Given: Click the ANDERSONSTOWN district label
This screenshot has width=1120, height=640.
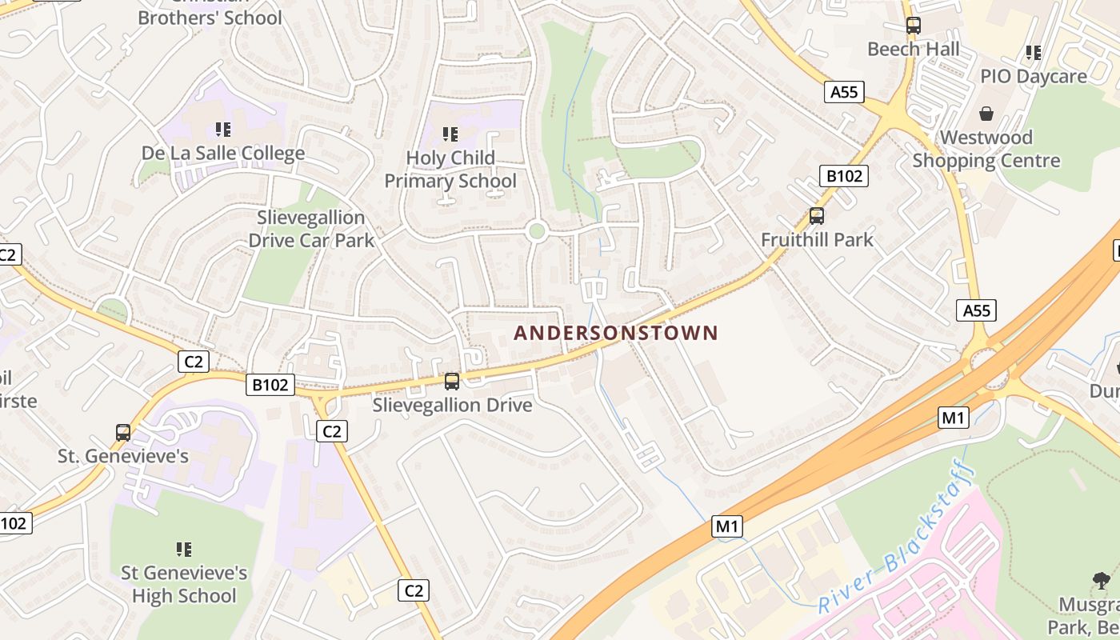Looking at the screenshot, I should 616,333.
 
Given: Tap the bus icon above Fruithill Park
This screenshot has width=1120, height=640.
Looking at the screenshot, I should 816,215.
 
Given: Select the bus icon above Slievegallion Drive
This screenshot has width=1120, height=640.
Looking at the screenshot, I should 452,381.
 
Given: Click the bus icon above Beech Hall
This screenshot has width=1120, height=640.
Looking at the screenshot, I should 914,26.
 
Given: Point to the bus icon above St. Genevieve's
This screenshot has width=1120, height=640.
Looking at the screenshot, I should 123,432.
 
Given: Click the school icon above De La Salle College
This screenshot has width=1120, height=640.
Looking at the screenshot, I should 223,129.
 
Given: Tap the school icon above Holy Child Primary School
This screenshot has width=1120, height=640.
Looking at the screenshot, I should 450,134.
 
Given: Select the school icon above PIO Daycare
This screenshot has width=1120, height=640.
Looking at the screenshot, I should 1034,53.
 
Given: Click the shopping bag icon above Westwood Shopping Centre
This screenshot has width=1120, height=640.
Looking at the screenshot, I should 986,114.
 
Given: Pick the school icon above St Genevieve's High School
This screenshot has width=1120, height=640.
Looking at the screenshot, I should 184,549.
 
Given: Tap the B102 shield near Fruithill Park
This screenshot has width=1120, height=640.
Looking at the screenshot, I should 844,176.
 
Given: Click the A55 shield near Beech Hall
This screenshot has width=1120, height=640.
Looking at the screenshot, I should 844,92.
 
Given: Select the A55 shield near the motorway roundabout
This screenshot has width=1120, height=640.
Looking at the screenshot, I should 976,310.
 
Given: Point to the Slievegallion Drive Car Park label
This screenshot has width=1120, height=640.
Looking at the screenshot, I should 311,229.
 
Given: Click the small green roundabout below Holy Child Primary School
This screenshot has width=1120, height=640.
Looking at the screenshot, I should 537,232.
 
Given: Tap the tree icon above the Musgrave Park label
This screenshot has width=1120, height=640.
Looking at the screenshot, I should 1102,580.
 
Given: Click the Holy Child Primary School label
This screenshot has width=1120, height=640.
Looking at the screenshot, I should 450,170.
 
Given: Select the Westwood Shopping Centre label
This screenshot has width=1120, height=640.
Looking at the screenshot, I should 986,149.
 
